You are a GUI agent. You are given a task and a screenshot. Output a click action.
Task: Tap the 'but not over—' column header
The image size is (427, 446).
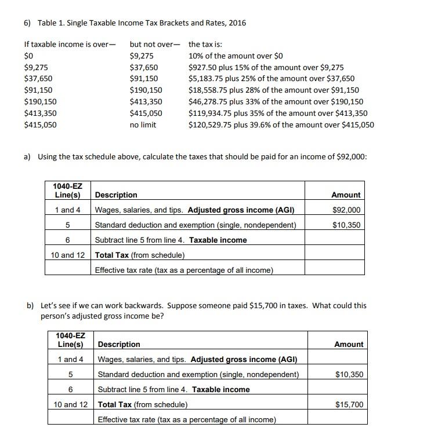pos(155,44)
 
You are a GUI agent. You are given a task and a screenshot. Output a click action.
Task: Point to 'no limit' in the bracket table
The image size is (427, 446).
pos(143,125)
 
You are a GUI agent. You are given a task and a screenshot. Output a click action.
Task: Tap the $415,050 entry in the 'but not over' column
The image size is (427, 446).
pos(146,113)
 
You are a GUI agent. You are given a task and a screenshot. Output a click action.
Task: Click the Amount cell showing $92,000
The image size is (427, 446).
pos(346,210)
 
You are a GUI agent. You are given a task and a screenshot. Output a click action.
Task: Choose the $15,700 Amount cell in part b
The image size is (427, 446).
pos(349,404)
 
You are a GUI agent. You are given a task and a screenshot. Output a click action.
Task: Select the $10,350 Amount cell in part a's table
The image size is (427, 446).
pos(346,225)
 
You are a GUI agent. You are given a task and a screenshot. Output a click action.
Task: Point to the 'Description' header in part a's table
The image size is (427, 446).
pos(116,195)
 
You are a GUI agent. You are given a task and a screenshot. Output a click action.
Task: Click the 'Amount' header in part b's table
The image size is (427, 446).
pos(349,344)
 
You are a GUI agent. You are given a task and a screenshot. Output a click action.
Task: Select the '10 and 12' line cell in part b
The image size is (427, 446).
pos(71,404)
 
